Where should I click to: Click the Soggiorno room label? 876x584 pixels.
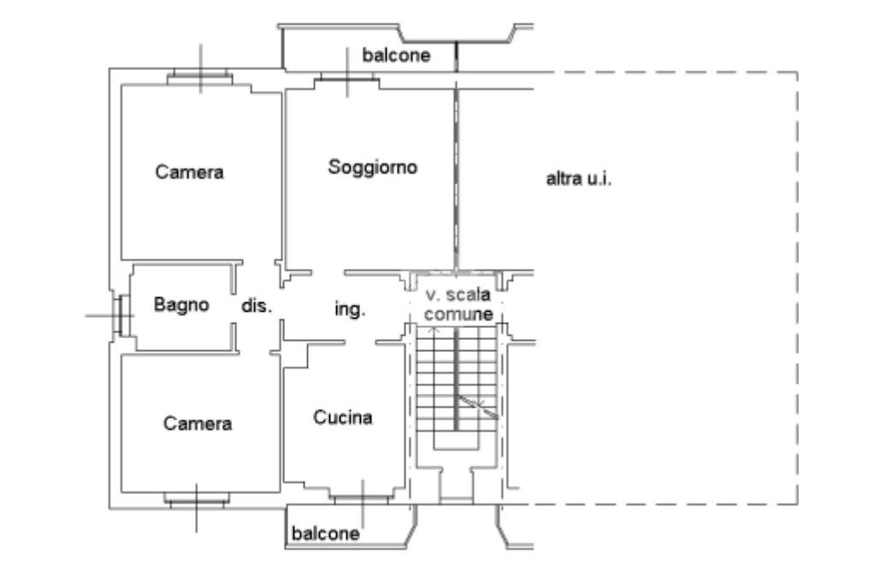[x=373, y=167]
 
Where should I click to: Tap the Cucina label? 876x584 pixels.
[x=343, y=417]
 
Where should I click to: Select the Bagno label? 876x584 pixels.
[x=181, y=304]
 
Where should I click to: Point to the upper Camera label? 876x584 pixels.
[x=189, y=171]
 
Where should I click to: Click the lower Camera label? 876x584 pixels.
[x=198, y=423]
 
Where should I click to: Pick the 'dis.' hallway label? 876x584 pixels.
[x=257, y=306]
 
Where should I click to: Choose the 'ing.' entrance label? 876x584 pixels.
[x=350, y=309]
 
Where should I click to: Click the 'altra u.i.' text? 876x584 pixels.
[x=578, y=178]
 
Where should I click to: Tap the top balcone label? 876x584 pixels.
[x=396, y=55]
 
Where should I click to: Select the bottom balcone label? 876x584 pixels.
[x=325, y=533]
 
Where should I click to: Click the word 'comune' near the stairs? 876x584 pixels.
[x=459, y=314]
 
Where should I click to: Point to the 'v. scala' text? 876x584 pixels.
[x=459, y=295]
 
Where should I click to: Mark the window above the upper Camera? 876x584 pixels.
[x=200, y=77]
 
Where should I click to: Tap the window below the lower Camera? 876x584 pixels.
[x=197, y=500]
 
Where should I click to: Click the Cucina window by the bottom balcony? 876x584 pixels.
[x=362, y=498]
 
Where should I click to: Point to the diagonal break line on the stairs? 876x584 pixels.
[x=477, y=406]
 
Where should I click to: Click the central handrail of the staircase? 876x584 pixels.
[x=457, y=379]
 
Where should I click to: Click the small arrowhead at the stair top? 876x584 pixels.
[x=436, y=331]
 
